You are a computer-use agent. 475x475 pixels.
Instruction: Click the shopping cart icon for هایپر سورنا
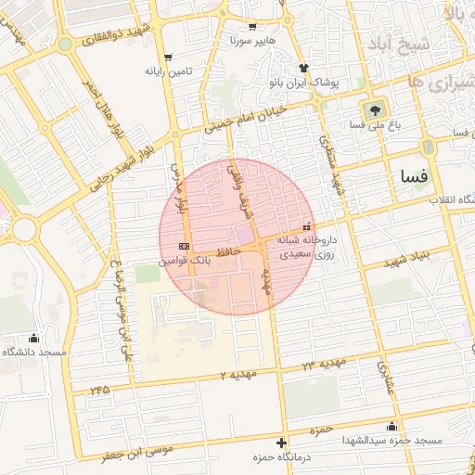pyautogui.click(x=253, y=28)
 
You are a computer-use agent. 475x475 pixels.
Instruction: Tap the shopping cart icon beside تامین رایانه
pyautogui.click(x=166, y=57)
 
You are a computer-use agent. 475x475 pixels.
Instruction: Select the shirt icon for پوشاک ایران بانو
pyautogui.click(x=302, y=68)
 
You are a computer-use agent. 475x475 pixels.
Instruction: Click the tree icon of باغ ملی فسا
pyautogui.click(x=376, y=108)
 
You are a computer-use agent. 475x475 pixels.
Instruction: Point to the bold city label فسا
pyautogui.click(x=413, y=175)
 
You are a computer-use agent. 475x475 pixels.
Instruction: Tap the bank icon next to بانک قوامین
pyautogui.click(x=184, y=246)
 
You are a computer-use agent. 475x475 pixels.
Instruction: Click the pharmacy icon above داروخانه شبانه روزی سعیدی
pyautogui.click(x=307, y=225)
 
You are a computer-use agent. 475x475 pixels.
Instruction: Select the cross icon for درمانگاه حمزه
pyautogui.click(x=282, y=443)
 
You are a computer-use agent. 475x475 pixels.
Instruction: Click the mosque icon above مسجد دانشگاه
pyautogui.click(x=34, y=338)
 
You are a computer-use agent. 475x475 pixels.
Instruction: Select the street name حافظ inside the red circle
pyautogui.click(x=228, y=251)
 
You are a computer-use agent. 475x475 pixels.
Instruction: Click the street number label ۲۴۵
pyautogui.click(x=99, y=390)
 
